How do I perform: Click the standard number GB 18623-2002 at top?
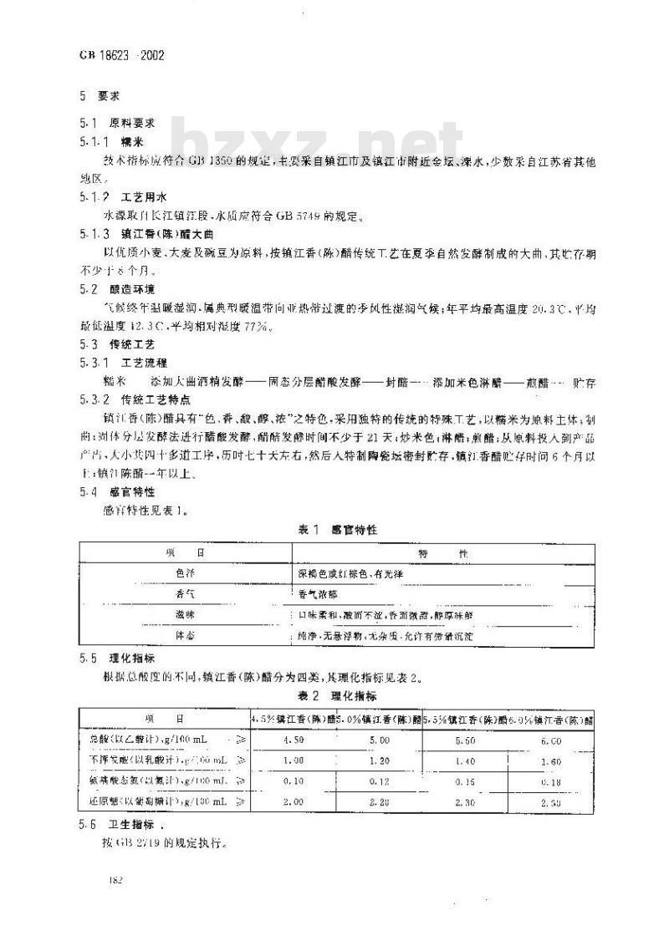tap(121, 57)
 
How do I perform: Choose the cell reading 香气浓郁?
tap(316, 594)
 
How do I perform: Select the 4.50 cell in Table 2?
tap(294, 740)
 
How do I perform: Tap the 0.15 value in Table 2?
tap(465, 783)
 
